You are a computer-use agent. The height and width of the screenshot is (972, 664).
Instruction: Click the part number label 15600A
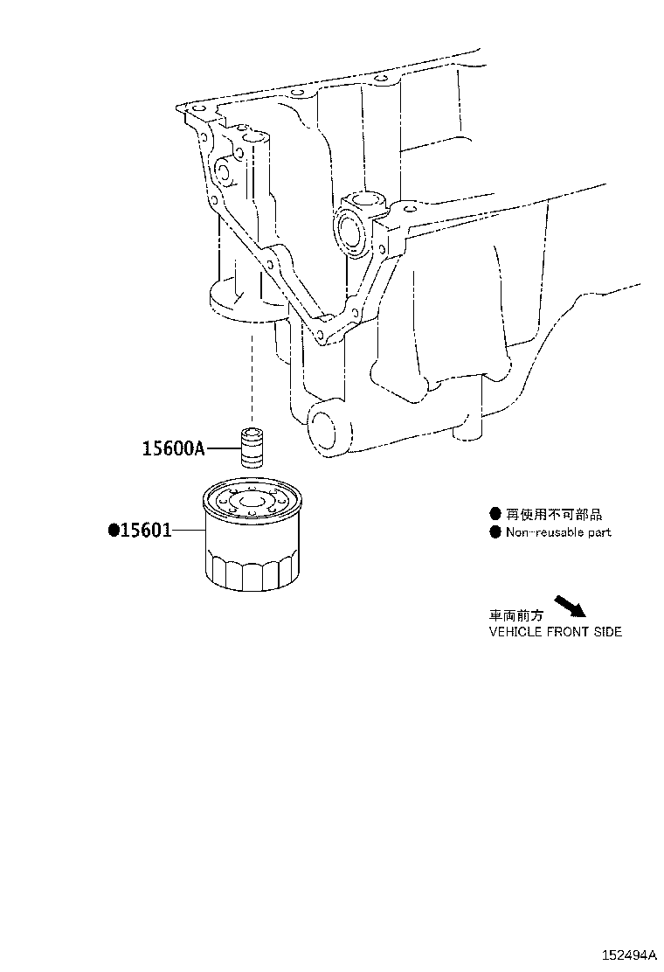click(174, 448)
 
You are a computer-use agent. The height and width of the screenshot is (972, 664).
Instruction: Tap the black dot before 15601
click(114, 530)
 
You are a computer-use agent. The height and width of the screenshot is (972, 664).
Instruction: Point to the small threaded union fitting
click(252, 447)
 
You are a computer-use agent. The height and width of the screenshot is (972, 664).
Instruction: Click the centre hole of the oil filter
click(252, 502)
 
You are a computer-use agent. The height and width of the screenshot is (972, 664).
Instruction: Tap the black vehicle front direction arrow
click(570, 607)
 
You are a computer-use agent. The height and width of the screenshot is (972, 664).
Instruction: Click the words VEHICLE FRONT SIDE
click(556, 632)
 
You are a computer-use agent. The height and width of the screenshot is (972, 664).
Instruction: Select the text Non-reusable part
click(558, 531)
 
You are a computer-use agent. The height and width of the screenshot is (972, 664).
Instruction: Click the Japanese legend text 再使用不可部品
click(554, 514)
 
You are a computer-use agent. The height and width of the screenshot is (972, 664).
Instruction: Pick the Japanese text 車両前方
click(516, 615)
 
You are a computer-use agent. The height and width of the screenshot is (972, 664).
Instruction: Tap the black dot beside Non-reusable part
click(495, 531)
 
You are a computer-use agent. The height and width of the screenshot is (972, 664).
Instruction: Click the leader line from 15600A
click(223, 448)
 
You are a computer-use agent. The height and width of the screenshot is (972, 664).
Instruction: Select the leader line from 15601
click(188, 530)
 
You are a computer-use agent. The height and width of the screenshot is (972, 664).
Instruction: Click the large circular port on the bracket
click(350, 233)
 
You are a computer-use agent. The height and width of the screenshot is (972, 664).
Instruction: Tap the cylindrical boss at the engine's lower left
click(329, 427)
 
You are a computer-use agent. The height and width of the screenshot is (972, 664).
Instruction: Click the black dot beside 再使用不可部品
click(495, 514)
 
